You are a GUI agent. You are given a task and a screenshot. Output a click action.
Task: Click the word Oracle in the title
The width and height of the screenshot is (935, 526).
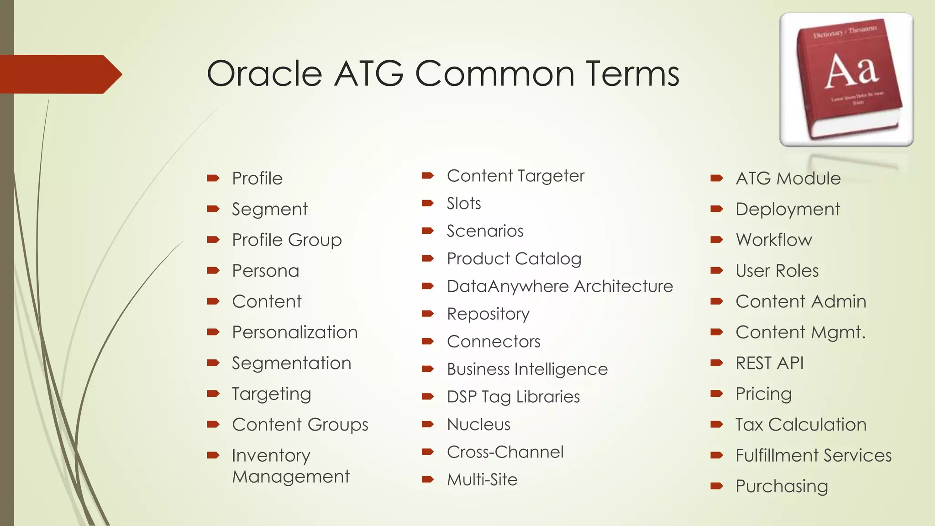coord(265,74)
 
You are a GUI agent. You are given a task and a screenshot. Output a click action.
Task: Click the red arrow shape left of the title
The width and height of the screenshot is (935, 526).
coord(59,74)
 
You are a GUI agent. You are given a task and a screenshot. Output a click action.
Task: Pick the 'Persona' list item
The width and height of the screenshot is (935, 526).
coord(265,271)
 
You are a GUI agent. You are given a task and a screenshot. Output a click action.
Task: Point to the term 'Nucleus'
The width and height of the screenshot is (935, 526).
coord(478,425)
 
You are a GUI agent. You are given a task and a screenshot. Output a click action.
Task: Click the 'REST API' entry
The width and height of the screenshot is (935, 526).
coord(769,363)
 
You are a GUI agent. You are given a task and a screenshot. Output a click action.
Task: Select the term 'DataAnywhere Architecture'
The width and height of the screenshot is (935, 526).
coord(560,286)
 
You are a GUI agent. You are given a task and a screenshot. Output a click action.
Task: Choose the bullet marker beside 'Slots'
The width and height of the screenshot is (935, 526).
coord(427,203)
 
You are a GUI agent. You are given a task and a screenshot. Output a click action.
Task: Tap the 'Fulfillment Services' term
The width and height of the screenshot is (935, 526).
coord(813,456)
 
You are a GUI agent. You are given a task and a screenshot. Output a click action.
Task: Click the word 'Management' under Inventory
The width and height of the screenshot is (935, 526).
coord(290,477)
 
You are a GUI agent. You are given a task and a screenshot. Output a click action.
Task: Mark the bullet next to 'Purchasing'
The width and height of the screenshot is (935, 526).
coord(716,486)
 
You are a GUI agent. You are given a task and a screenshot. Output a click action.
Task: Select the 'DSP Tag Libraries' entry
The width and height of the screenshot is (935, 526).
coord(513,397)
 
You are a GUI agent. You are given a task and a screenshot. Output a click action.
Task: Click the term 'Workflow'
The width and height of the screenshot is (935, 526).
coord(774,240)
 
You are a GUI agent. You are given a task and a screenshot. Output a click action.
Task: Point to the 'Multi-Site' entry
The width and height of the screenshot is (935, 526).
coord(482,480)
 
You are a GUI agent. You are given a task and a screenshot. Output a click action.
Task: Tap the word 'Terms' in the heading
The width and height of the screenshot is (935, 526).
coord(632,74)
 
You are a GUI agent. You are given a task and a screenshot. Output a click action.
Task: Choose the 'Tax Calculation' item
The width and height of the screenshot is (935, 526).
coord(801,425)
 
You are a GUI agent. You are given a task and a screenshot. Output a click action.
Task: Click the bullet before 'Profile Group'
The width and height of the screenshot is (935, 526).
coord(213,240)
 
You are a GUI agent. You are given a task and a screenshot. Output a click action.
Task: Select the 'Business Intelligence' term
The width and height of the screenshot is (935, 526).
coord(527,369)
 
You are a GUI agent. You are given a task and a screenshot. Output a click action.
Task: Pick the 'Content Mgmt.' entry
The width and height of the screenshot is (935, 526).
coord(800,332)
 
